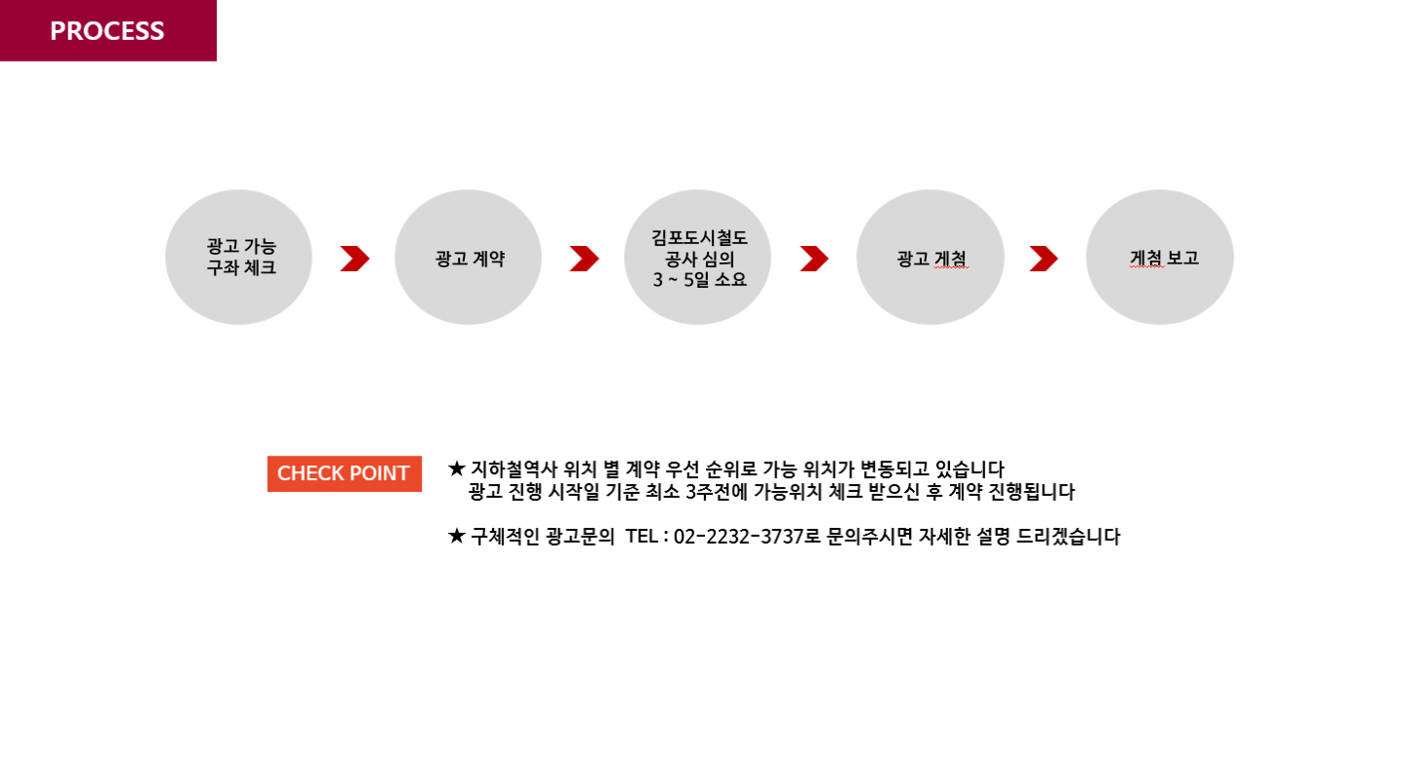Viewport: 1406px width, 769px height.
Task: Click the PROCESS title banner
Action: coord(107,30)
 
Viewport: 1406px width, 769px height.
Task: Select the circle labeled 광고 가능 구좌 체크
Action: coord(239,258)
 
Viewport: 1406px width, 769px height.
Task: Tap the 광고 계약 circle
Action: coord(469,258)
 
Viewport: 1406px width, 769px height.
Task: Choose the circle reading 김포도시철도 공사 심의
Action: coord(698,258)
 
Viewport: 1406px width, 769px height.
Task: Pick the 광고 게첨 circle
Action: coord(930,258)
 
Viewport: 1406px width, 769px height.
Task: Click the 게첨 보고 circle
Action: coord(1160,258)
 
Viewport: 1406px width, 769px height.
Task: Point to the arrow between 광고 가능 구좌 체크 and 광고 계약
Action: coord(354,259)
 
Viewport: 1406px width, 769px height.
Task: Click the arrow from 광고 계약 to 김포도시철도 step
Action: coord(584,259)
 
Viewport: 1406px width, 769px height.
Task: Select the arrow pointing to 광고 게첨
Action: coord(813,259)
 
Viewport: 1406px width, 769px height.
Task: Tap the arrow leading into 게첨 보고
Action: coord(1044,259)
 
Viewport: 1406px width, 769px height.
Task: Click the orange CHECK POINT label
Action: coord(344,473)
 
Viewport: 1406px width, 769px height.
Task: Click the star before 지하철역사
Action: coord(456,467)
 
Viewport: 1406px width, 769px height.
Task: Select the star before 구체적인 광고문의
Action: coord(456,536)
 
